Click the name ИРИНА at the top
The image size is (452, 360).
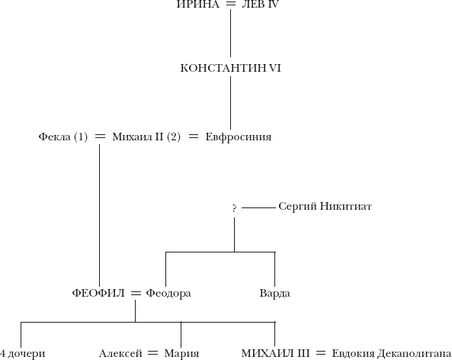[x=197, y=4]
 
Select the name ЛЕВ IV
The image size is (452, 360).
[x=261, y=4]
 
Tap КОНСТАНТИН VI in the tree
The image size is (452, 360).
[x=231, y=68]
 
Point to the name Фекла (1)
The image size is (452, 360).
[x=63, y=137]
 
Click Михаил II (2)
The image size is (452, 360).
[x=146, y=137]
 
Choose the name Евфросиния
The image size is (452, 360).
[x=239, y=137]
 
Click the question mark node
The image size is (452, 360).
[x=234, y=208]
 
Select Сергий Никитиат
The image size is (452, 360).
[x=325, y=207]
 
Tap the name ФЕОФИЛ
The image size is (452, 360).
[x=98, y=294]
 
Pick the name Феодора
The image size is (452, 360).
[x=168, y=294]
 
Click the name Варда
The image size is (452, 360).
[x=274, y=294]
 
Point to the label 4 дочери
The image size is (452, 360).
[x=22, y=354]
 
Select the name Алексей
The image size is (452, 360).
[x=120, y=354]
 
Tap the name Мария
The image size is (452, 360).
[x=181, y=354]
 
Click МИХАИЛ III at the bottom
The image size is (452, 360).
[x=276, y=353]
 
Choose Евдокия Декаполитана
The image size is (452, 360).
[x=392, y=354]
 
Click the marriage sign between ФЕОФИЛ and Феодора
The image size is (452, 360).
[x=136, y=294]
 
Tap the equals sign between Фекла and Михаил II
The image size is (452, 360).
[x=101, y=137]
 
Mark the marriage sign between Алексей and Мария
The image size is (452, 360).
[x=152, y=353]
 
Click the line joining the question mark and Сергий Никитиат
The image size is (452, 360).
[x=258, y=207]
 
